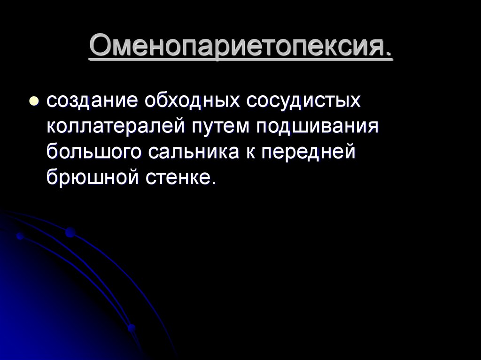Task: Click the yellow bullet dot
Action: [x=34, y=102]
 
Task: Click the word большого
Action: [x=94, y=153]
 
